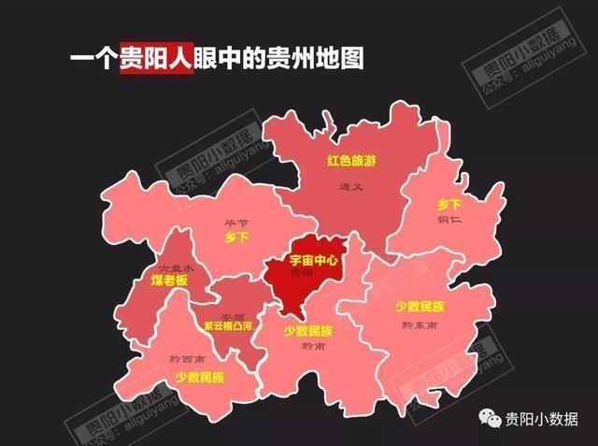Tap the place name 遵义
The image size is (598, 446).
tap(350, 187)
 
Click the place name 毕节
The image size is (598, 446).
tap(236, 223)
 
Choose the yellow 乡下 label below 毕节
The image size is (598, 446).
tap(236, 238)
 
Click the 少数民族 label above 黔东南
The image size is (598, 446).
tap(420, 307)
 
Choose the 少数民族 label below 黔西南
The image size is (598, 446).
tap(199, 378)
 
